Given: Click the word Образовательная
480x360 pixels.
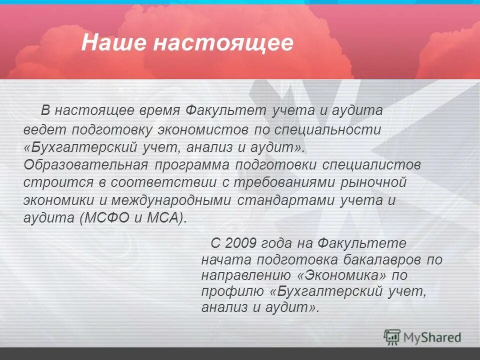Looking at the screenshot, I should [x=85, y=165].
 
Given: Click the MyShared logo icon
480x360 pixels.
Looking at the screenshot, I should [x=392, y=337].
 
